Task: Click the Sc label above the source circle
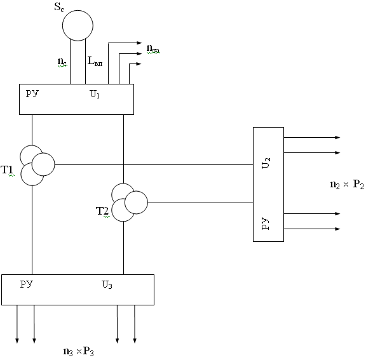coord(59,7)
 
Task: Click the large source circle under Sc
coord(78,11)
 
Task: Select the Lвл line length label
coord(95,61)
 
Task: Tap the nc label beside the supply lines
coord(62,62)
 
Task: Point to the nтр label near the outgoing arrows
coord(153,49)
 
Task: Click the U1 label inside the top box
coord(95,94)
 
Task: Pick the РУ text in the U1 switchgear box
coord(32,93)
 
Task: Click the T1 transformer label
coord(7,170)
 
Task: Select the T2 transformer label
coord(102,211)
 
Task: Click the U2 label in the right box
coord(266,163)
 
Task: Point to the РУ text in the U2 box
coord(266,223)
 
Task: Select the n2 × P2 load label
coord(347,185)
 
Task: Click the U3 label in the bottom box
coord(107,284)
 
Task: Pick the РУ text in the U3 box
coord(27,284)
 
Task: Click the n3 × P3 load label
coord(78,351)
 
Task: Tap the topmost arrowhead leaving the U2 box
coord(337,138)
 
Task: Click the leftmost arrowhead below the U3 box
coord(17,341)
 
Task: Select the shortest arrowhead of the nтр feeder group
coord(139,64)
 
